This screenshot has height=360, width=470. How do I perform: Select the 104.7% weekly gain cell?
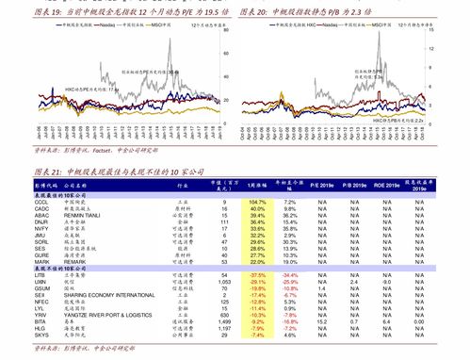point(257,203)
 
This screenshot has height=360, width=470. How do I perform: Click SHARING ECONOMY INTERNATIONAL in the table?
point(112,294)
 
